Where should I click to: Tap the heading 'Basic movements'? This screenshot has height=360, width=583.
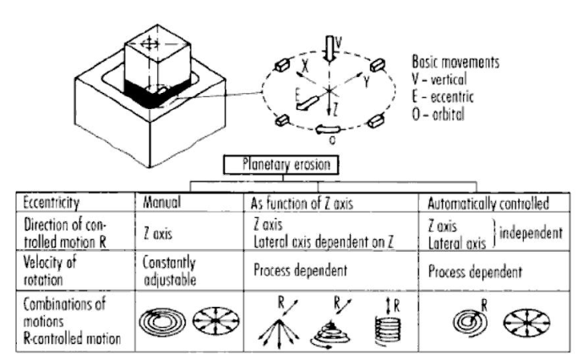[x=457, y=63]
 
